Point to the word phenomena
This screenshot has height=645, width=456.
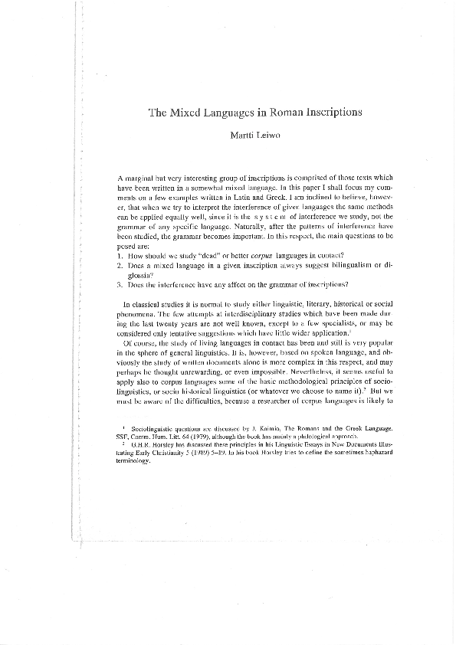tap(138, 293)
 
